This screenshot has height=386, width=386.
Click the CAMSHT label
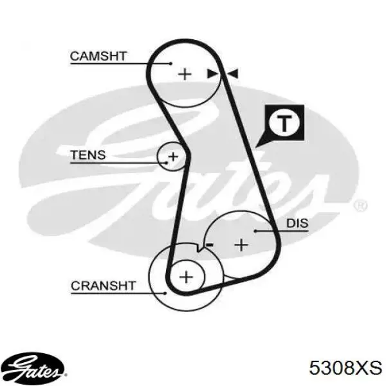pos(98,56)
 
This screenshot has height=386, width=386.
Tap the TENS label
pos(88,155)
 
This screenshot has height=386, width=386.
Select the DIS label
pos(297,223)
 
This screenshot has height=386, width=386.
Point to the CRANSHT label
pos(103,286)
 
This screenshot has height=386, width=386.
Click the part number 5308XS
pos(345,368)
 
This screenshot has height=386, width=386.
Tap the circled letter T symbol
pos(284,123)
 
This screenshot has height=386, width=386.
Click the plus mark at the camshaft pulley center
pos(185,74)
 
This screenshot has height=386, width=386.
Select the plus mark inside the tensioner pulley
pos(173,156)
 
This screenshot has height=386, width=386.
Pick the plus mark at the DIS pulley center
pos(241,245)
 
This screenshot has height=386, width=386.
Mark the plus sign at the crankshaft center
pos(187,277)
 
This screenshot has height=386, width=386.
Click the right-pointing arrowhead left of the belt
pos(212,73)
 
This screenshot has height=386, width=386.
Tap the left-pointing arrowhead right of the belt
pos(233,73)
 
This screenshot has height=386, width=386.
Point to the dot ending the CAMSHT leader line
pos(170,64)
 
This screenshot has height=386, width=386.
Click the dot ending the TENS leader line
pos(167,163)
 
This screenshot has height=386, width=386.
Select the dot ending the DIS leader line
pos(256,231)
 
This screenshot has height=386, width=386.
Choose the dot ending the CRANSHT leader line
pos(165,293)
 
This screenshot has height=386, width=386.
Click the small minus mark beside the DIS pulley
pos(210,244)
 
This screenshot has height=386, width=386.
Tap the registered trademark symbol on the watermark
pos(361,205)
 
